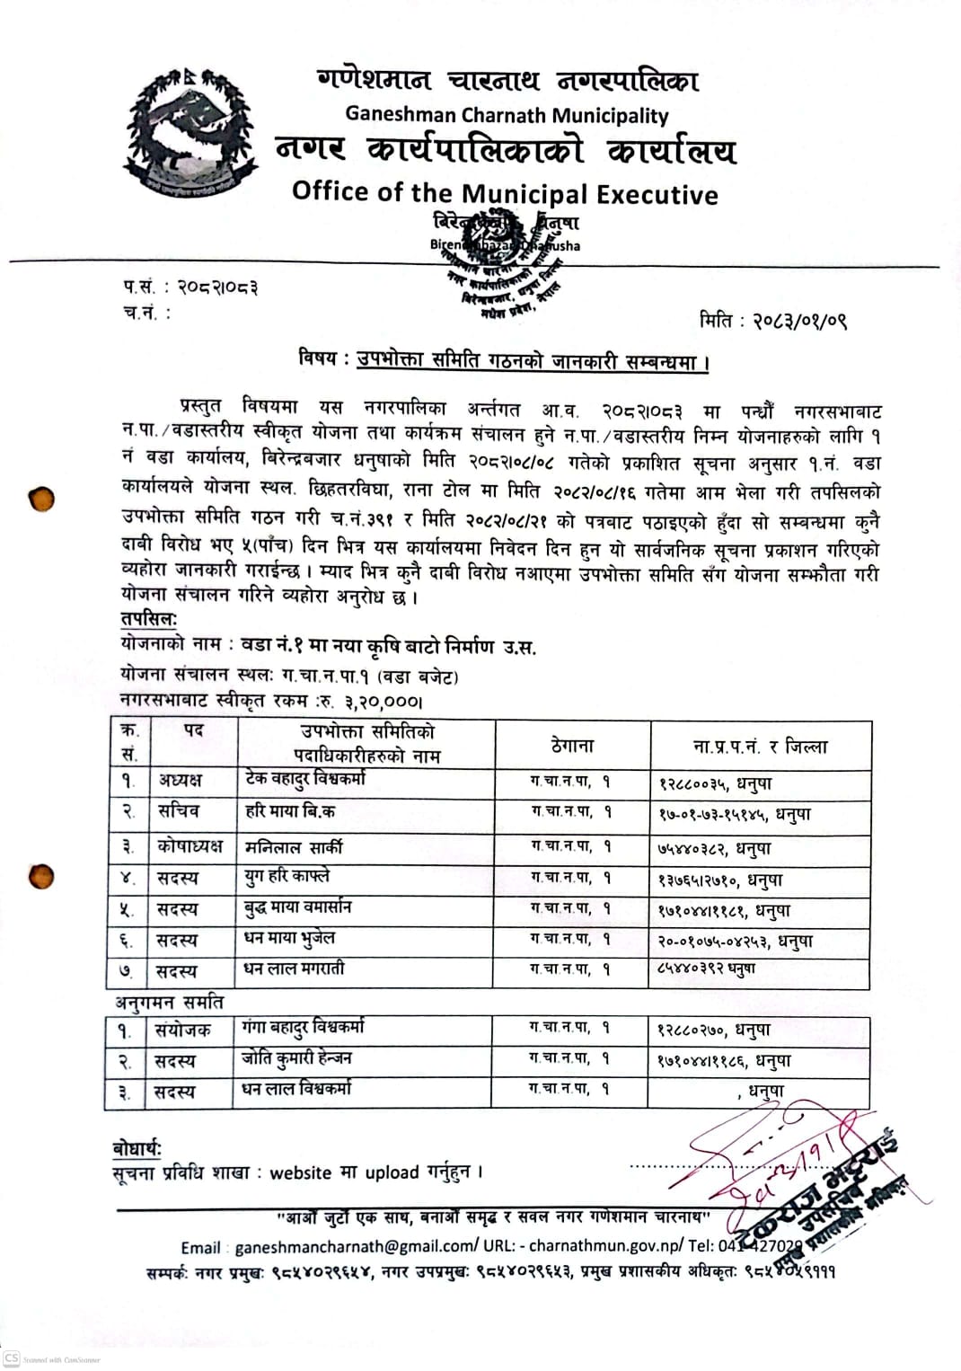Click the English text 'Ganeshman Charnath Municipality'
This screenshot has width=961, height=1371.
[507, 116]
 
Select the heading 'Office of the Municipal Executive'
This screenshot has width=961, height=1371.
[505, 193]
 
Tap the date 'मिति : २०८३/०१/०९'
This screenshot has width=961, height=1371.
[772, 321]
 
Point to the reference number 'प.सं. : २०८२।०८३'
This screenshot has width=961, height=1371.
[190, 287]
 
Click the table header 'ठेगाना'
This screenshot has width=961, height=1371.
[572, 745]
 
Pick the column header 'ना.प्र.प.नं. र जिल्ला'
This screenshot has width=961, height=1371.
[760, 746]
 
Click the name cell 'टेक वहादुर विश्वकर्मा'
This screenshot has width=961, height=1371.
[305, 779]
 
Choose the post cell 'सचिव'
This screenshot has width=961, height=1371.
[179, 811]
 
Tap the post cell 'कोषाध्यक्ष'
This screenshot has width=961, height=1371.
[190, 846]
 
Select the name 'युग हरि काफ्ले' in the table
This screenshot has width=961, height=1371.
[287, 877]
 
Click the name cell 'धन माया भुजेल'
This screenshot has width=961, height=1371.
[289, 939]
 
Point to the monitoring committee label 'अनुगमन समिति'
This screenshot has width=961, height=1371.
[169, 1003]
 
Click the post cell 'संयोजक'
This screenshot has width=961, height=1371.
[182, 1030]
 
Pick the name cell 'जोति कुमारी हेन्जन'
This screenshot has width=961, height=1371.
[296, 1059]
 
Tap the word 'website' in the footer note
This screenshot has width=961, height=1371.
[301, 1172]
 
